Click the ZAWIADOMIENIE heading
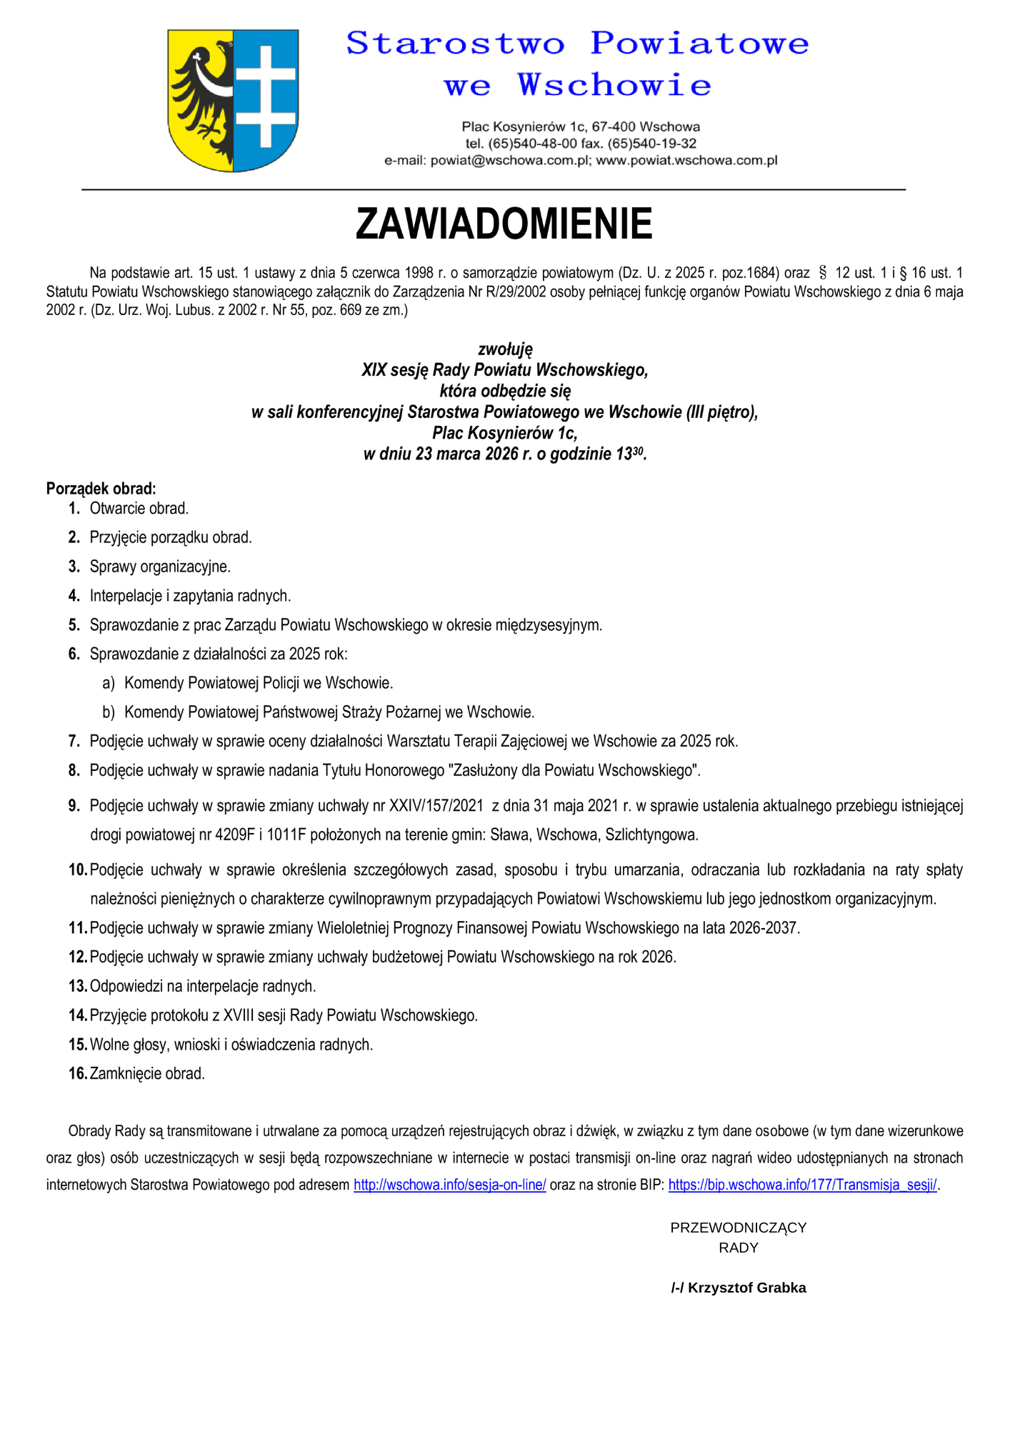504,224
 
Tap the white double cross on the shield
266,96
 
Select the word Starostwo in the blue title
455,44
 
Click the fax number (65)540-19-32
652,144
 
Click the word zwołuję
505,349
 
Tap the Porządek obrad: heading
101,489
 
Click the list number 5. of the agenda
74,625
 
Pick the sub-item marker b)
109,712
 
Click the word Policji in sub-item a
281,683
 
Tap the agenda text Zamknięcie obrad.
147,1074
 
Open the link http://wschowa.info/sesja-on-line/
449,1185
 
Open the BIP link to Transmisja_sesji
802,1185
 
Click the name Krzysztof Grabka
746,1288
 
